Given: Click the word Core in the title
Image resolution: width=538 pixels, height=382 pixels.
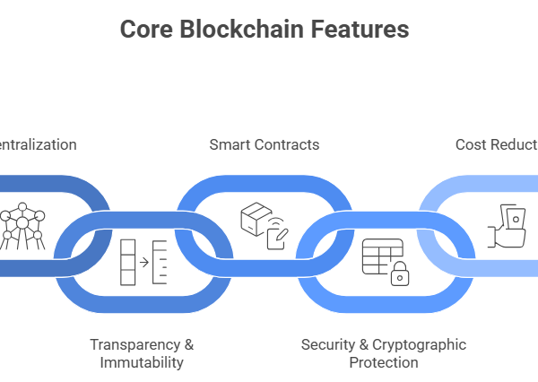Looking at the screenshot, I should click(143, 30).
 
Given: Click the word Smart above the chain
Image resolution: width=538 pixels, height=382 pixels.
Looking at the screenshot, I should click(229, 144).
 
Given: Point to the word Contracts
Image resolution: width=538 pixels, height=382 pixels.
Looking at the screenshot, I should click(286, 144).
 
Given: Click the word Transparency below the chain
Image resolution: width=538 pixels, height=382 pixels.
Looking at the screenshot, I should click(134, 345).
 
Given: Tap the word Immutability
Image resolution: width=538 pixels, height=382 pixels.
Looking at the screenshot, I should click(142, 362).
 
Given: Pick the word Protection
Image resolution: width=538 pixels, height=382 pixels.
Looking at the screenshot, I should click(384, 362).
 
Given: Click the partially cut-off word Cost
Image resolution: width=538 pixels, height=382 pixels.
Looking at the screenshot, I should click(471, 144).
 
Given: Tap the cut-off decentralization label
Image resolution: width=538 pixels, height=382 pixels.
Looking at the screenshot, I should click(38, 144).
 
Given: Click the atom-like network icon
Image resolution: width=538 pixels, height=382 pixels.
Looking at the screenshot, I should click(19, 226).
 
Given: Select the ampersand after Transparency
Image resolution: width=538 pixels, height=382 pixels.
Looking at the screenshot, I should click(188, 345).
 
